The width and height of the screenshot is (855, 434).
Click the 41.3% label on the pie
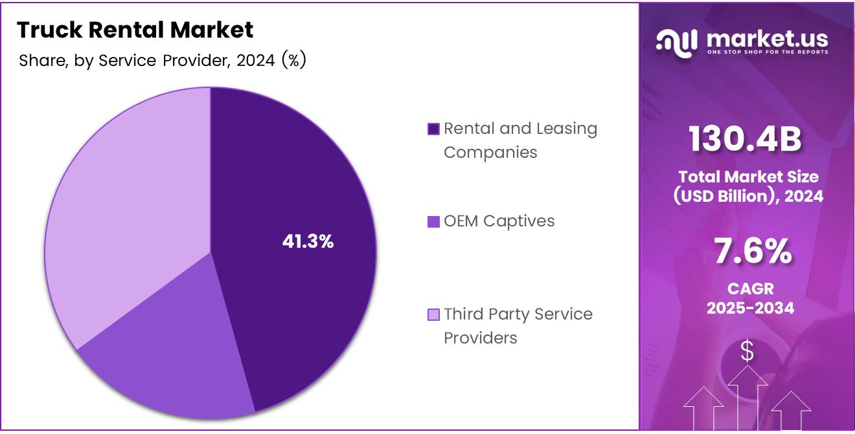click(308, 242)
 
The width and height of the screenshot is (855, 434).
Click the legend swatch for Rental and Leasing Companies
click(434, 129)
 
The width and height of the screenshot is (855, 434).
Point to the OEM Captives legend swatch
click(434, 222)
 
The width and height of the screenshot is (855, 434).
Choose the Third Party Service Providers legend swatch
click(434, 315)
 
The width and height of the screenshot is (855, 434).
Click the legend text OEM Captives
click(499, 221)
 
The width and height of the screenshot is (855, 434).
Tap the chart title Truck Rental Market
click(135, 30)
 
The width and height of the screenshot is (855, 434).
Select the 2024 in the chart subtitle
click(256, 61)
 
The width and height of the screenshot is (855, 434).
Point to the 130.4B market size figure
click(744, 140)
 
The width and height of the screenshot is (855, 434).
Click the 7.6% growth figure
click(751, 252)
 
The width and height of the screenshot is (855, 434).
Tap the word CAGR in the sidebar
click(750, 288)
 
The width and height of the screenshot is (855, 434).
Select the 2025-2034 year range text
click(750, 308)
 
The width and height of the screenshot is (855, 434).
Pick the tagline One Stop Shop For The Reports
click(767, 52)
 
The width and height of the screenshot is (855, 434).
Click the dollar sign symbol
click(747, 351)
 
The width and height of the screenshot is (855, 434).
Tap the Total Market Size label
click(748, 177)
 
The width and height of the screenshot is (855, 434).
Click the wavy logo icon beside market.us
click(676, 41)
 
